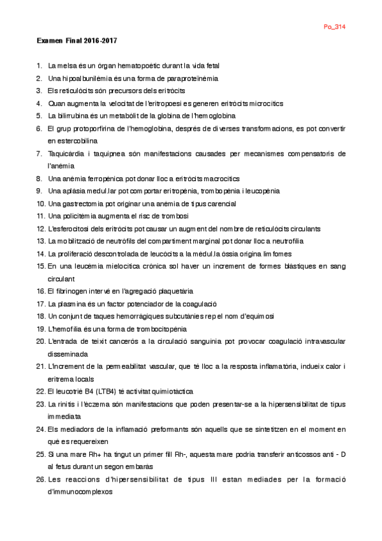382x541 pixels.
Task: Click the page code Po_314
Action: (x=335, y=27)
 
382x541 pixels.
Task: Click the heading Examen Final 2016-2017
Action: (x=77, y=40)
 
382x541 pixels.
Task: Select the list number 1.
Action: (x=40, y=65)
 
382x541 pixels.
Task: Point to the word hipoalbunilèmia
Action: (x=91, y=78)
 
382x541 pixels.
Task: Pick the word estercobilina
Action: (x=73, y=140)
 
